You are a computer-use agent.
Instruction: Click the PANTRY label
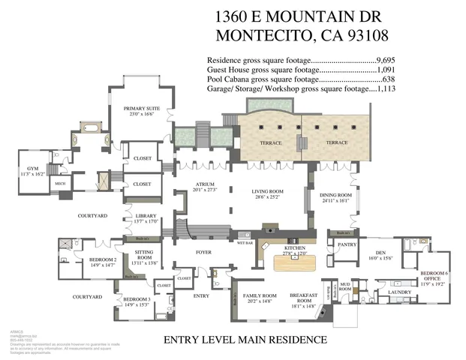coord(346,244)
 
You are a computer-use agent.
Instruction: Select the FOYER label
coord(203,252)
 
